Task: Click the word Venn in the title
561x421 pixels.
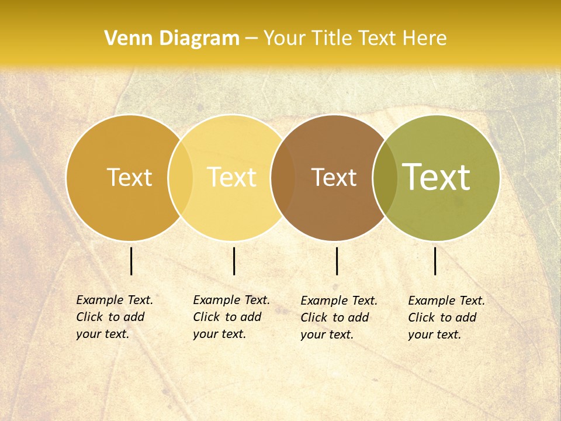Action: tap(126, 38)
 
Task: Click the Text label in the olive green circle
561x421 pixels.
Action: tap(437, 177)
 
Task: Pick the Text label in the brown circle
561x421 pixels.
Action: tap(334, 178)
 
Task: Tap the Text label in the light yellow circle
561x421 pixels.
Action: tap(231, 177)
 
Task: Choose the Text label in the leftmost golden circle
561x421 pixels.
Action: tap(129, 177)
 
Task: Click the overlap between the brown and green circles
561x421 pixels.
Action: tap(385, 178)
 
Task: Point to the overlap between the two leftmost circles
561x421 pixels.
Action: tap(181, 178)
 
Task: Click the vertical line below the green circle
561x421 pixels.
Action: tap(435, 261)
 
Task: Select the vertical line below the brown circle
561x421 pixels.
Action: tap(337, 261)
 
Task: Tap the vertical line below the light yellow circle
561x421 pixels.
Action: tap(234, 261)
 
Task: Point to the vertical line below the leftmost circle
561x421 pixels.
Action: tap(131, 261)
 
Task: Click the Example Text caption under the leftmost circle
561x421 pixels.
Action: tap(114, 317)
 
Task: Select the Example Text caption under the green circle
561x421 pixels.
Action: tap(446, 318)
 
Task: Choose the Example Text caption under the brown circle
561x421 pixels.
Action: tap(338, 318)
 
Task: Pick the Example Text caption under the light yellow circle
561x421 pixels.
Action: tap(231, 317)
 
